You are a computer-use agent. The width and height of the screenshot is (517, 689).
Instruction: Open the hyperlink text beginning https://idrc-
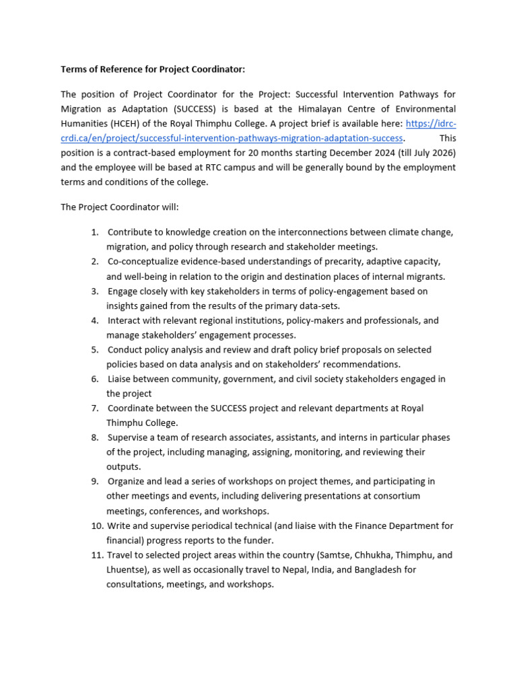pos(432,123)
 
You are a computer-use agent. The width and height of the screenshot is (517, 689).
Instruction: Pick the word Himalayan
pos(319,108)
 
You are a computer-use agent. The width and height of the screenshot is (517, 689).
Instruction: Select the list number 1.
pos(95,232)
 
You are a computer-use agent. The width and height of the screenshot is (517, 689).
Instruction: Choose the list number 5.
pos(95,349)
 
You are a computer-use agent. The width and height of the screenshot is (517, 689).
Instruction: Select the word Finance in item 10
pos(358,525)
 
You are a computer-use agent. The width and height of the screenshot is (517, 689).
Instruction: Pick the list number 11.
pos(97,555)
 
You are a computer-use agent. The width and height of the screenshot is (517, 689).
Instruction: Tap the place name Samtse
pos(326,555)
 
